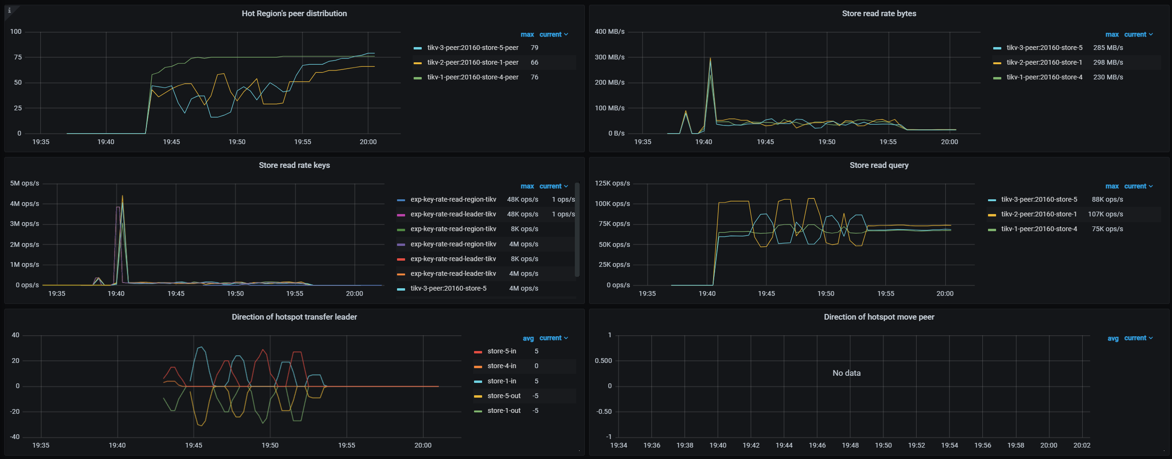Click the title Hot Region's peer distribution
pos(294,13)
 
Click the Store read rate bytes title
pos(879,13)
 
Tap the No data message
pos(846,373)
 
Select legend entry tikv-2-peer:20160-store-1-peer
pos(472,62)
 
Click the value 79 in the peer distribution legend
pos(534,48)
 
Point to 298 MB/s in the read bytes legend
pos(1108,62)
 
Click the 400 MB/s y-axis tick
pos(610,31)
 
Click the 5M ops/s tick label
pos(25,183)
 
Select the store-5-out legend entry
pos(504,396)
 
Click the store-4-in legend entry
pos(502,366)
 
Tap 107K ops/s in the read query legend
pos(1105,214)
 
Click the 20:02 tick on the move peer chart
pos(1082,445)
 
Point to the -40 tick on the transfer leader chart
pos(15,437)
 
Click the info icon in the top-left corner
pos(10,10)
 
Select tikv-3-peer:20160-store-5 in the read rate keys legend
pos(448,288)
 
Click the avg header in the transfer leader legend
pos(528,338)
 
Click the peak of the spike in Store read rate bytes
pos(710,59)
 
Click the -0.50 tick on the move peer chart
pos(604,411)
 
